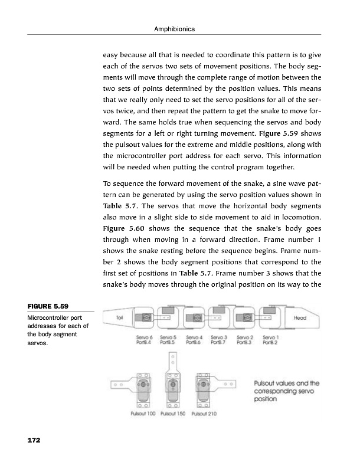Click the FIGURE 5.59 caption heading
pyautogui.click(x=48, y=306)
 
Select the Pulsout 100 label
pyautogui.click(x=143, y=414)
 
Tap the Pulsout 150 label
pyautogui.click(x=174, y=414)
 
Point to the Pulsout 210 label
pyautogui.click(x=204, y=414)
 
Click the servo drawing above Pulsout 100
pyautogui.click(x=142, y=389)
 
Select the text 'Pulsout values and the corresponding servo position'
pyautogui.click(x=286, y=390)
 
